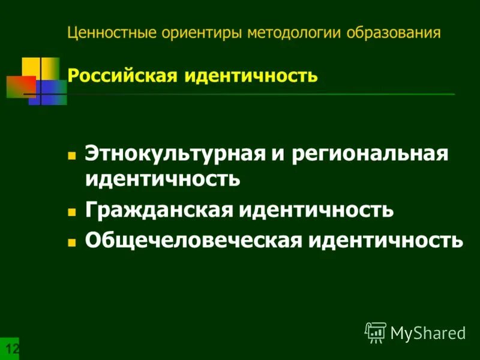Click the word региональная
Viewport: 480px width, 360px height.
371,154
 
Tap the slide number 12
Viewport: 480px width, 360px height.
11,349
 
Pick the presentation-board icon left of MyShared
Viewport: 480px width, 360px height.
376,332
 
